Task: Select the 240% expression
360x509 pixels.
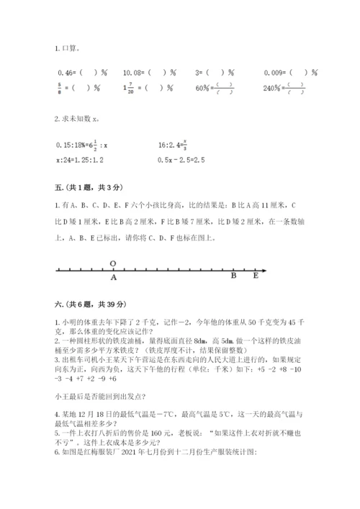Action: click(274, 89)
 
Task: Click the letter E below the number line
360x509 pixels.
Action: click(255, 276)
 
